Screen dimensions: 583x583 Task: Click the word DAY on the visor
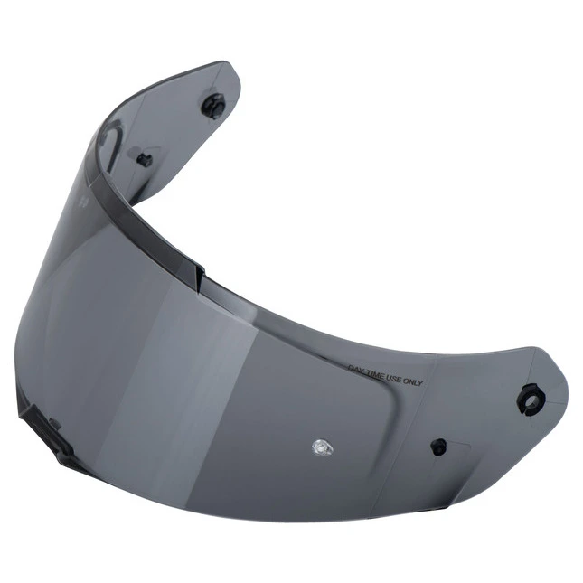[x=356, y=369]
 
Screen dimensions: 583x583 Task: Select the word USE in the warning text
[x=394, y=379]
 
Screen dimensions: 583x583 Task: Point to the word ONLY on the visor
[x=413, y=381]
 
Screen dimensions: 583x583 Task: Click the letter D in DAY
[x=351, y=368]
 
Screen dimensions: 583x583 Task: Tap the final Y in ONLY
[x=419, y=382]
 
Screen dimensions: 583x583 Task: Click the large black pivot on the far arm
[x=213, y=105]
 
